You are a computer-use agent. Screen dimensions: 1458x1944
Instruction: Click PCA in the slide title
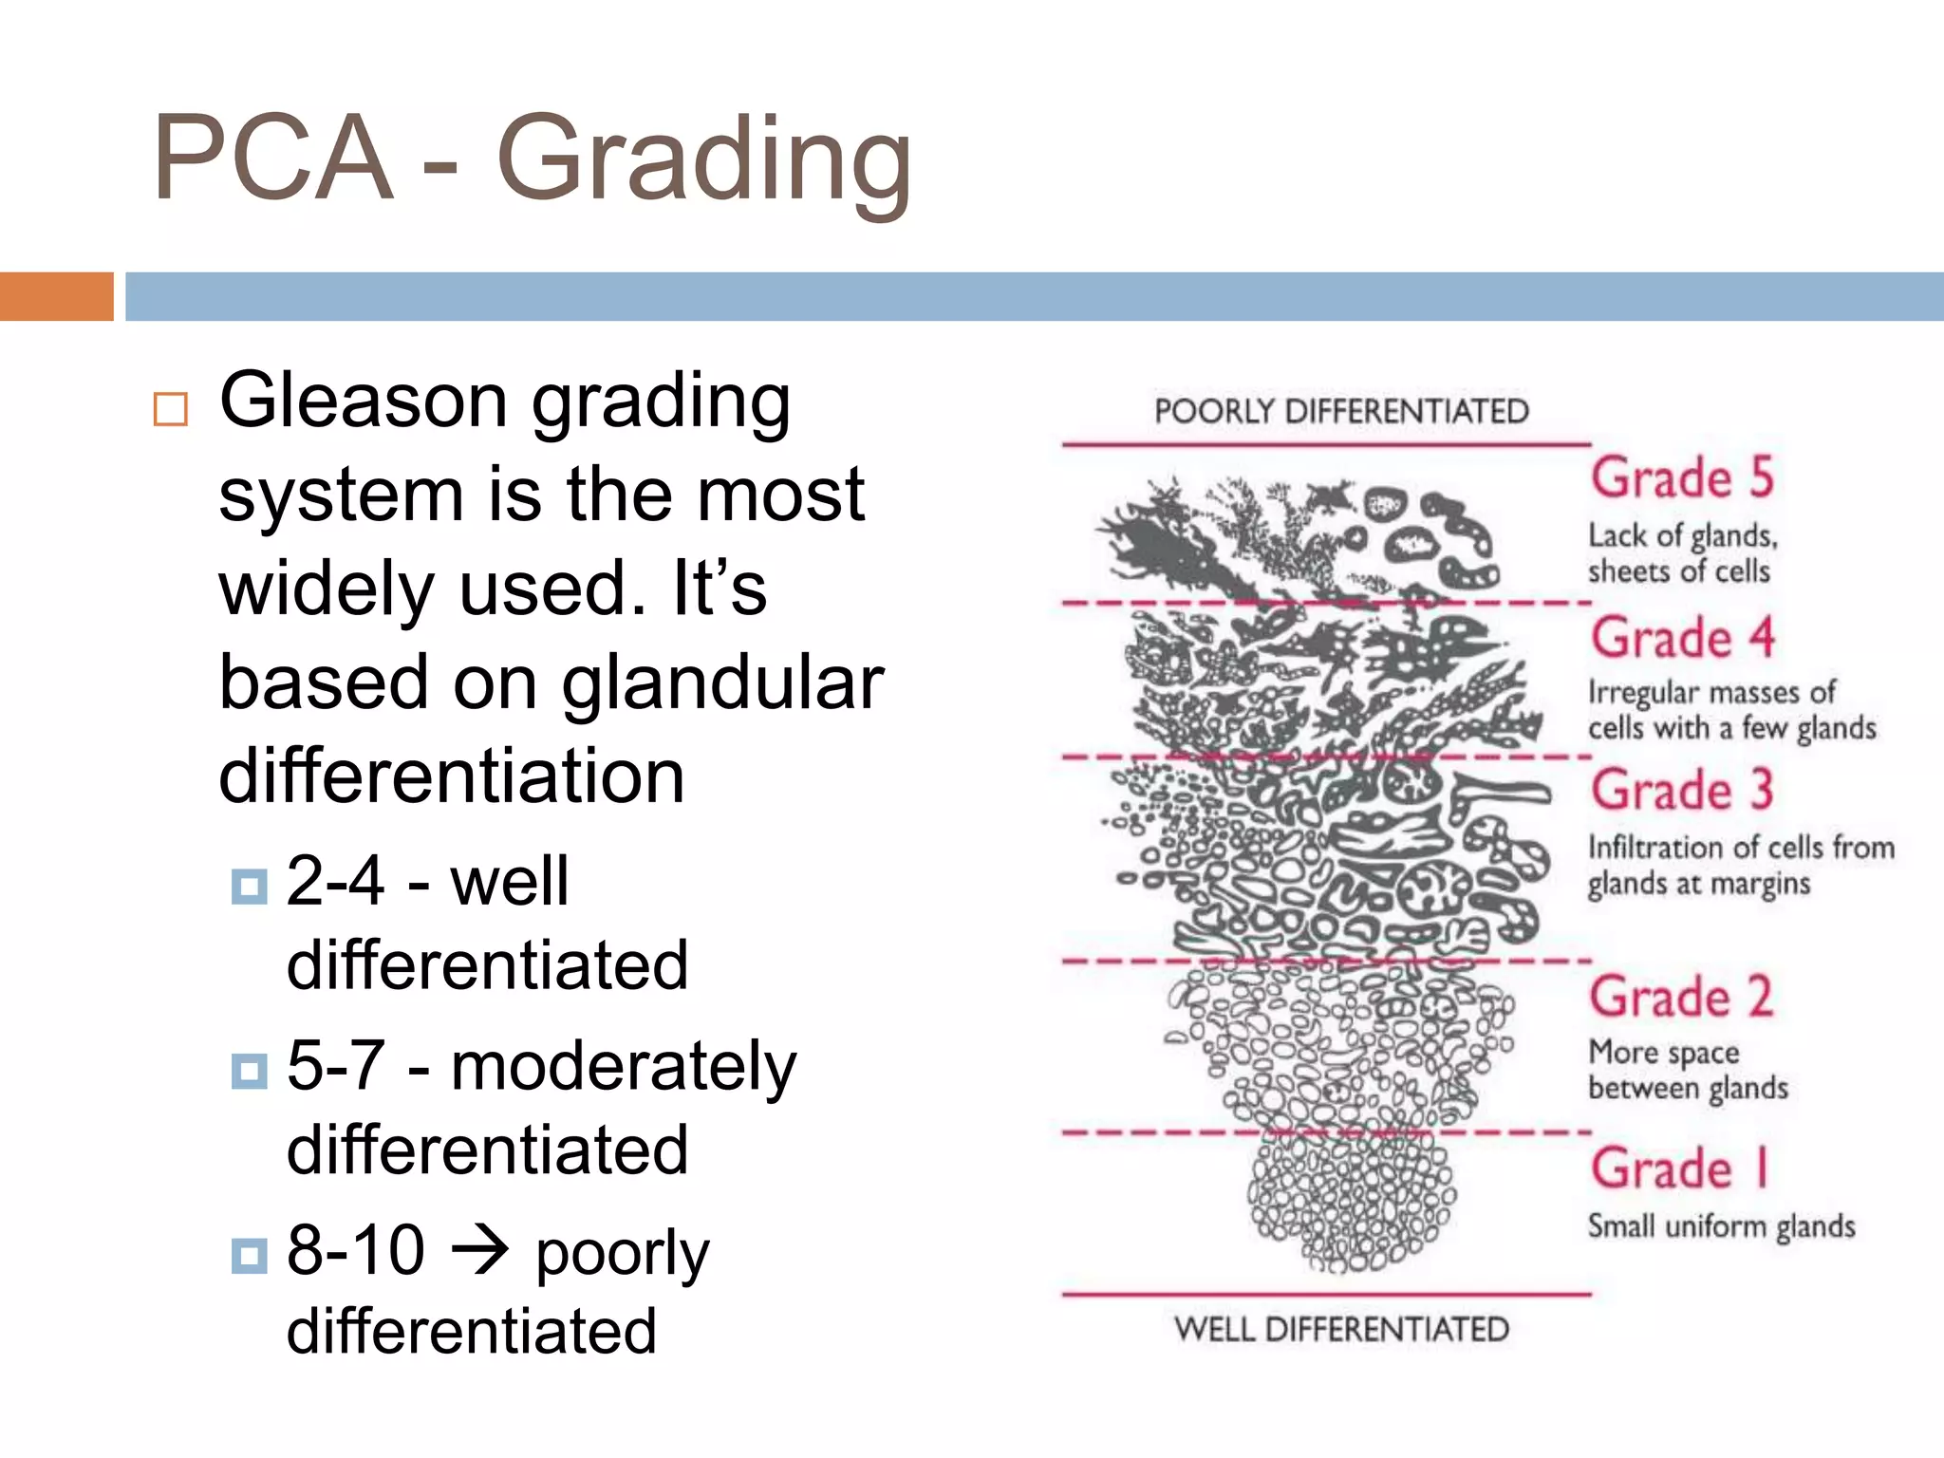click(273, 159)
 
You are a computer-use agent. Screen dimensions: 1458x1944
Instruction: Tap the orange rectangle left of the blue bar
click(56, 296)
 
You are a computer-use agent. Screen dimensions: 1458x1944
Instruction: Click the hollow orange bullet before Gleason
click(171, 409)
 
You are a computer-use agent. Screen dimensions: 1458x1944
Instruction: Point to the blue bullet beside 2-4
click(250, 887)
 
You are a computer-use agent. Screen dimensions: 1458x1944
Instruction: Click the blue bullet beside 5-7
click(250, 1072)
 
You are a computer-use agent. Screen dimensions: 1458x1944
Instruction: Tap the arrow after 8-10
click(480, 1251)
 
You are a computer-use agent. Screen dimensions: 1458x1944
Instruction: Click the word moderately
click(623, 1067)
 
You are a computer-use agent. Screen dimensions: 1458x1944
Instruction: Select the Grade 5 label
click(1682, 477)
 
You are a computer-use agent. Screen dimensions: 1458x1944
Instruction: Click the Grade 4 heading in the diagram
click(1682, 637)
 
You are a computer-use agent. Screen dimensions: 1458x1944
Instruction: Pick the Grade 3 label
click(1682, 790)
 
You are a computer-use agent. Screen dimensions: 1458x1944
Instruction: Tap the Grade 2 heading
click(1682, 997)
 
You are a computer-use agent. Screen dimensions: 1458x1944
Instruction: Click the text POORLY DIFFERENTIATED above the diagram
click(1341, 412)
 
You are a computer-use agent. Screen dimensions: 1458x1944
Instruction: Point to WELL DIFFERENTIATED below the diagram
click(1341, 1329)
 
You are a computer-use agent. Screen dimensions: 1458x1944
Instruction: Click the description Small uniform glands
click(1721, 1225)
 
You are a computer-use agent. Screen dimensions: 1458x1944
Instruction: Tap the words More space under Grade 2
click(1664, 1052)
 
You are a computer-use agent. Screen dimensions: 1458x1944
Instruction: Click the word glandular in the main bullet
click(721, 683)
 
